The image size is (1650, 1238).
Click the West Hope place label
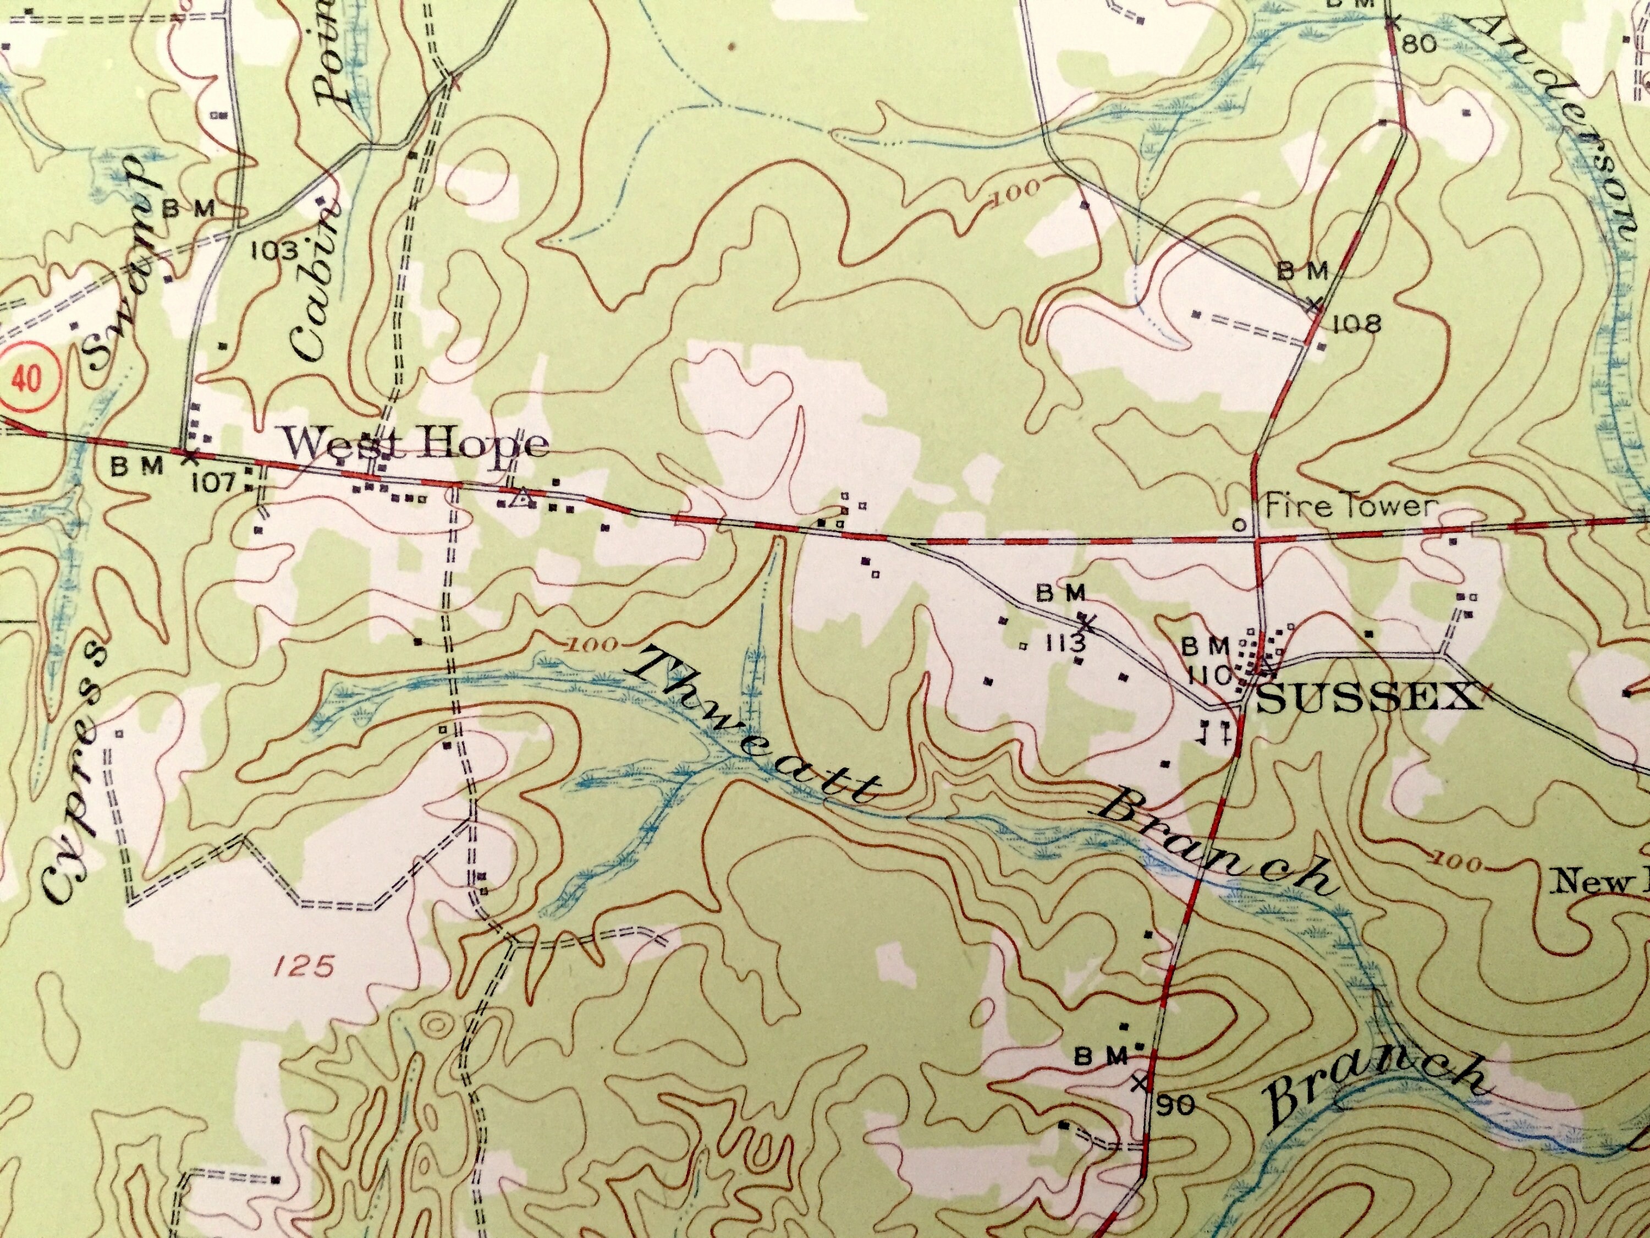(417, 446)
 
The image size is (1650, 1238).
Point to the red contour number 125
(301, 968)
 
